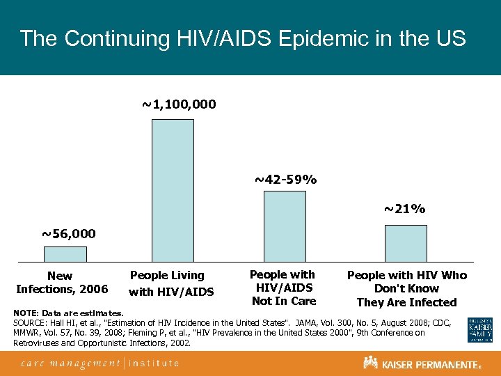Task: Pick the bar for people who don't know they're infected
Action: point(406,243)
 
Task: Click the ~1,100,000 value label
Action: point(179,104)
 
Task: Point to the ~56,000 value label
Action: point(68,233)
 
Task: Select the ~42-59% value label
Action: point(285,180)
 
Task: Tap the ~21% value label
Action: point(405,209)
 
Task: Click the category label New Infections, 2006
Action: point(61,283)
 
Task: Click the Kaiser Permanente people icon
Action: point(370,363)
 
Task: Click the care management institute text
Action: point(100,363)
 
